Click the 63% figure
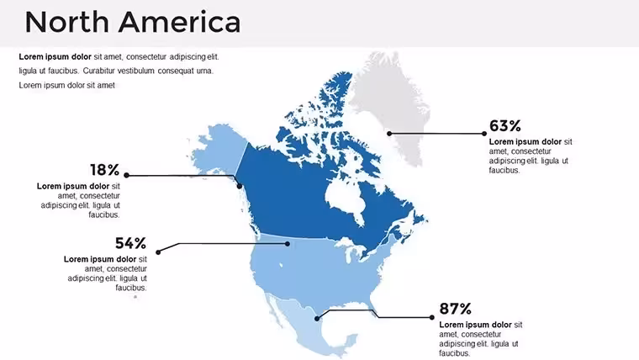(x=505, y=125)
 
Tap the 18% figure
(x=105, y=170)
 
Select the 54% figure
(x=130, y=243)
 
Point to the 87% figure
(x=455, y=309)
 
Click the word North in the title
(x=66, y=22)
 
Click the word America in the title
(x=180, y=22)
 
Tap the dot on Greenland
(x=389, y=134)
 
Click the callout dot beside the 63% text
(x=484, y=134)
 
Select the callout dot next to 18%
(x=126, y=175)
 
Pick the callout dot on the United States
(x=288, y=244)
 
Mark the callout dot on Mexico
(x=317, y=319)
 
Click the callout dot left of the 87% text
(x=432, y=317)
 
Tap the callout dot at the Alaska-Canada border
(x=240, y=186)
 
